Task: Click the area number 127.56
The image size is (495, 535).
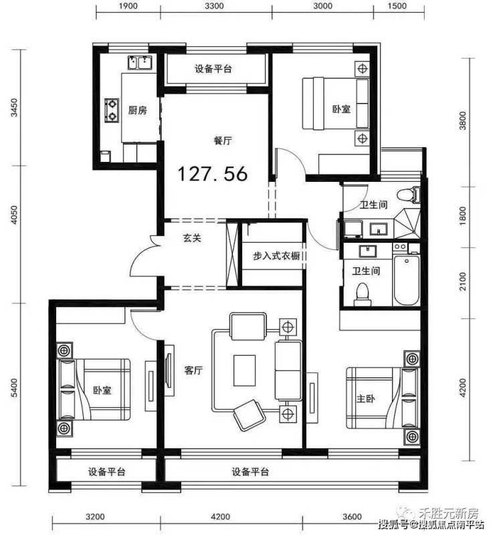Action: point(212,173)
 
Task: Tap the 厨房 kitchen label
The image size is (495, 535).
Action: point(138,110)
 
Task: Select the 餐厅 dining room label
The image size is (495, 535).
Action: point(223,140)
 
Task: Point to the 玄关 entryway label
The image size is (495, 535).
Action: point(192,237)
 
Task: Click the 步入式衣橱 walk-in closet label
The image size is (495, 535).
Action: point(276,255)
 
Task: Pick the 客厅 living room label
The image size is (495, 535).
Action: point(193,370)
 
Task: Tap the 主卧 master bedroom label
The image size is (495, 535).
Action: point(366,398)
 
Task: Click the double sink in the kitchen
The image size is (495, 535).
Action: point(140,63)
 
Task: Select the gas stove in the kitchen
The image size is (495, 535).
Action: point(112,110)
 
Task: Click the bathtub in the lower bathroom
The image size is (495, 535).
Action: point(406,280)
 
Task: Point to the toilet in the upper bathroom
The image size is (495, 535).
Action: point(408,195)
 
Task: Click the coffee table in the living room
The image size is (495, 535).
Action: point(244,370)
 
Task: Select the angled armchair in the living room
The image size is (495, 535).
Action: point(250,415)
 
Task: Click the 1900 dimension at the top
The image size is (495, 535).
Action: point(128,6)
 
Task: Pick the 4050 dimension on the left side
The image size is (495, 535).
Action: point(14,215)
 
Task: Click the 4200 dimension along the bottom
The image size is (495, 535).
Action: point(221,517)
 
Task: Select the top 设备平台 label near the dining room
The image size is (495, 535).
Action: point(213,69)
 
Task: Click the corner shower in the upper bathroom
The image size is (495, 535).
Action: point(407,223)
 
